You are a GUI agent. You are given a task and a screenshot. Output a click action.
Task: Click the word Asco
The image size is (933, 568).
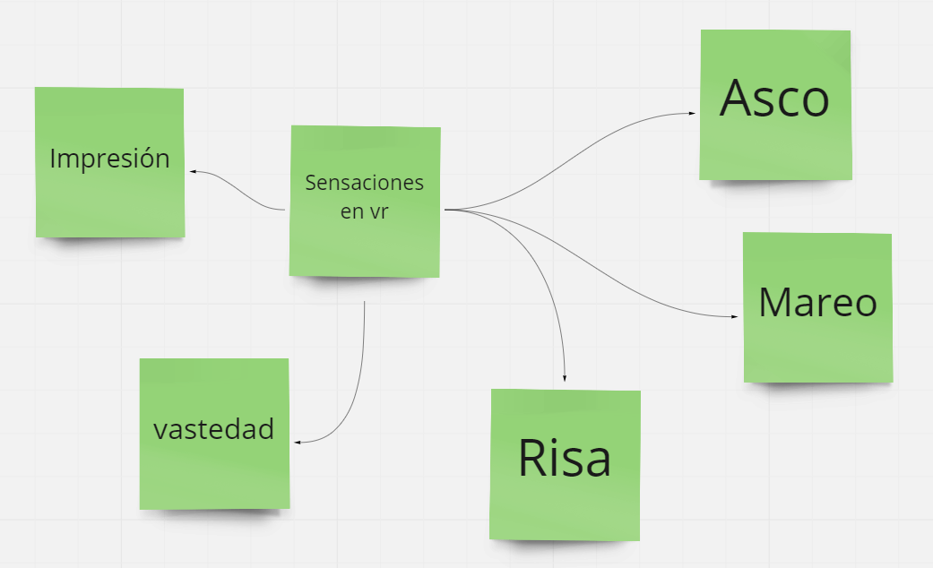tap(775, 99)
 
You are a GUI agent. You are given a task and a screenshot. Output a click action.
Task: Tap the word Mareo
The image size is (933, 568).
tap(817, 303)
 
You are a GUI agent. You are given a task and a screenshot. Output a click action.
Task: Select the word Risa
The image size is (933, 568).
tap(565, 458)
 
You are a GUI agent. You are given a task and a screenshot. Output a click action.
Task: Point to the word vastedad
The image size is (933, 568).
tap(213, 430)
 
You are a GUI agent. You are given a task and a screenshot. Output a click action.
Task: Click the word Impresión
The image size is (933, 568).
tap(109, 159)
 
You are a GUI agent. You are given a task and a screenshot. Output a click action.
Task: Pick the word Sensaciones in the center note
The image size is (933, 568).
tap(364, 183)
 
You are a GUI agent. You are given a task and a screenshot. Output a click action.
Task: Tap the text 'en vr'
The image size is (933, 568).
tap(364, 211)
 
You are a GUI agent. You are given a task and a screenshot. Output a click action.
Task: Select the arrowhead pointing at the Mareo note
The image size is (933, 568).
tap(736, 316)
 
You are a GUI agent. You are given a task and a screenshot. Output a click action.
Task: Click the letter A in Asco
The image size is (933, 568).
tap(737, 99)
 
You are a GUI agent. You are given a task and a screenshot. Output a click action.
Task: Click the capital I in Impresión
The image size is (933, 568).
tap(53, 159)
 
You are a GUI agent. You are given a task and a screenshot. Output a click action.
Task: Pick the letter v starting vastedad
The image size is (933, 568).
tap(159, 431)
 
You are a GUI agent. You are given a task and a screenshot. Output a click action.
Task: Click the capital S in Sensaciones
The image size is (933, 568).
tap(310, 183)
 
